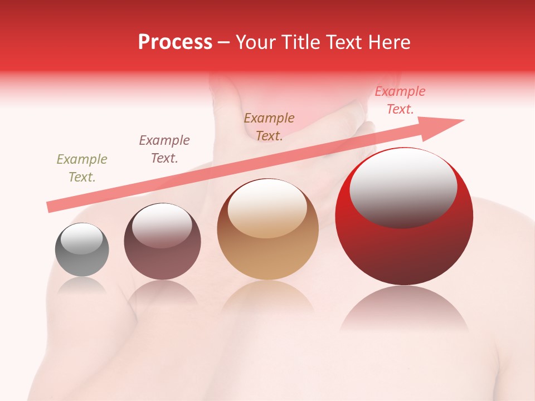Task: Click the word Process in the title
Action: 175,42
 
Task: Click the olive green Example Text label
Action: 82,168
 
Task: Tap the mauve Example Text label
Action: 164,149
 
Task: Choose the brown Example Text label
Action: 269,127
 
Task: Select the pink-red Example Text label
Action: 400,100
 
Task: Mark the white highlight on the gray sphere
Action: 82,238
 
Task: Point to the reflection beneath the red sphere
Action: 404,309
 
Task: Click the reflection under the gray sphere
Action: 82,285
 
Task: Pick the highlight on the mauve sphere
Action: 162,224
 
